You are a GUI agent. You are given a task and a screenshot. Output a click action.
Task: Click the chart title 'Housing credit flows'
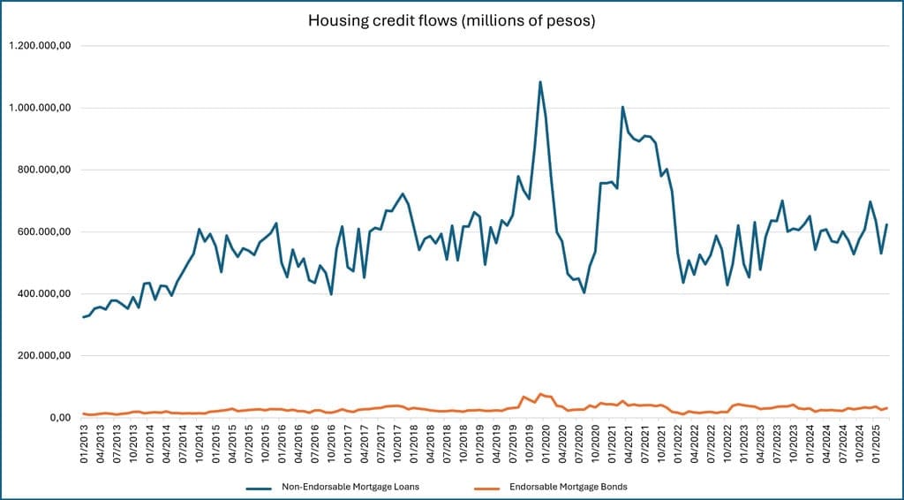[x=451, y=20]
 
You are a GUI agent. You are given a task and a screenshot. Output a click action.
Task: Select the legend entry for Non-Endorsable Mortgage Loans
[x=349, y=486]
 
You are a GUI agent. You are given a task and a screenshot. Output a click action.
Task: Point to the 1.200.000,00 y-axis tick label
[x=40, y=46]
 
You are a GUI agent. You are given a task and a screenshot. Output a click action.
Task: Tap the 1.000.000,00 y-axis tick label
[x=40, y=108]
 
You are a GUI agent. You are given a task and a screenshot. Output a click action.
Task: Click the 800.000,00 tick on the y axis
[x=44, y=170]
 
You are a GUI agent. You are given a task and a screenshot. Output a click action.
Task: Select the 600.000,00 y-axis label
[x=44, y=232]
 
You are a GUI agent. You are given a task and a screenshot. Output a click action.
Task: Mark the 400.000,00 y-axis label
[x=44, y=294]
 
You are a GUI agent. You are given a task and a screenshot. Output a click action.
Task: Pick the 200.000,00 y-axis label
[x=44, y=356]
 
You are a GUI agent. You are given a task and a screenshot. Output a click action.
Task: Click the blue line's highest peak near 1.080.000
[x=540, y=82]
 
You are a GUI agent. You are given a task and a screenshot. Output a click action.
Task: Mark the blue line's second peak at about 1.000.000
[x=622, y=107]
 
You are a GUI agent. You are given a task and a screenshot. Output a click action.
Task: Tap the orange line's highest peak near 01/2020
[x=540, y=394]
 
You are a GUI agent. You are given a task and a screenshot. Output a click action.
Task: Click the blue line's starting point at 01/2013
[x=84, y=317]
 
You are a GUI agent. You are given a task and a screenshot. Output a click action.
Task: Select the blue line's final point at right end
[x=886, y=224]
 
